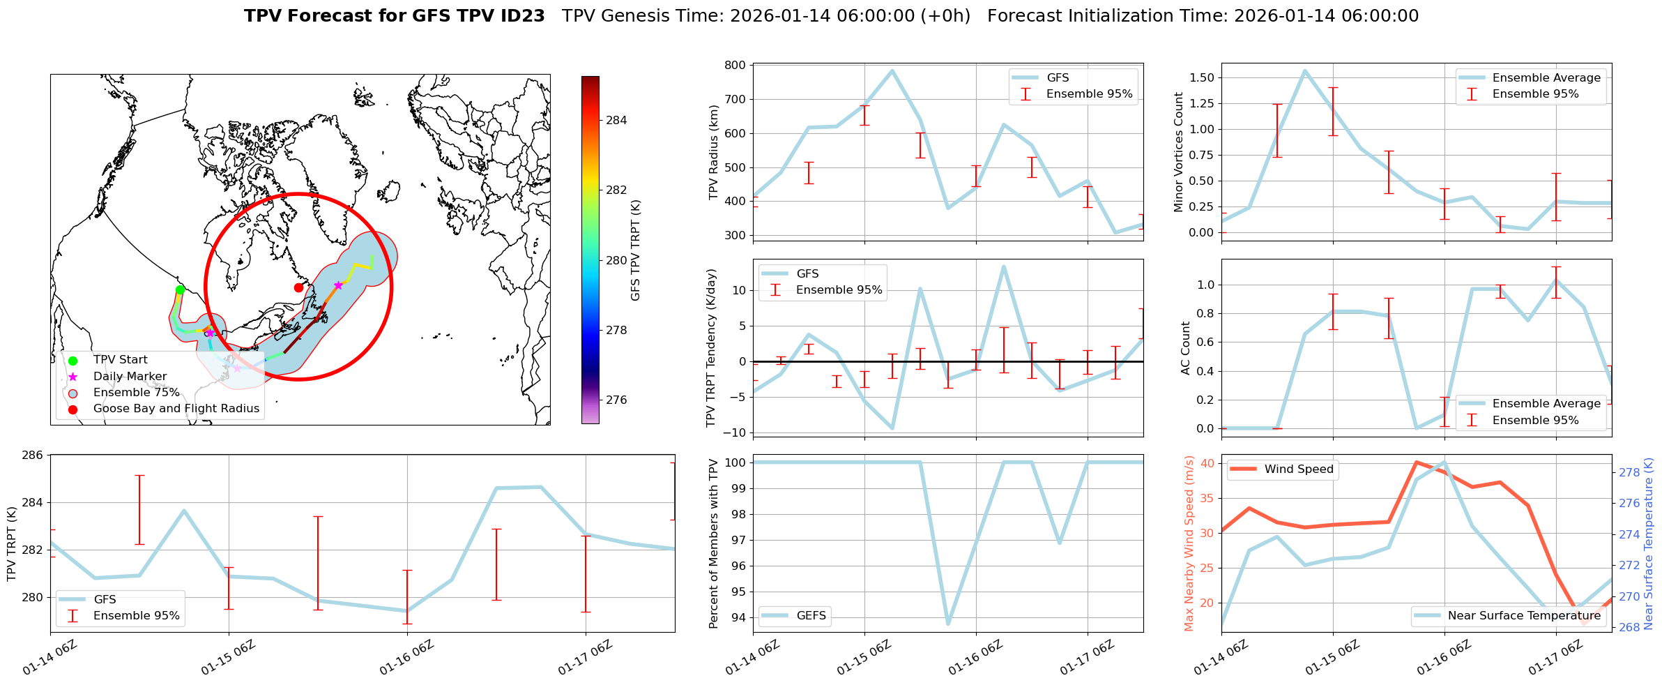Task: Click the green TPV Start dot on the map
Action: pos(180,289)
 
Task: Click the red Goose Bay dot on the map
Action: pos(298,287)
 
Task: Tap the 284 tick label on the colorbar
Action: pos(616,120)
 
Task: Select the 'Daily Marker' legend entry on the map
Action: pos(130,377)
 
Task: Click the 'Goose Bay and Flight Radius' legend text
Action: pos(176,409)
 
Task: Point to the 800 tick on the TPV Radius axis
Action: pos(736,65)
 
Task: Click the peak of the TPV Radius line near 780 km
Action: pos(892,70)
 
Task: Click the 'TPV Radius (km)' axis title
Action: pos(713,152)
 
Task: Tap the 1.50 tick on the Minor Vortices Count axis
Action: pos(1201,77)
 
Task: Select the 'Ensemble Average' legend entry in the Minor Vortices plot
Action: pos(1546,78)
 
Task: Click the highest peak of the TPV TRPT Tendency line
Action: pos(1003,266)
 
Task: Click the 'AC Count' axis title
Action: pos(1185,348)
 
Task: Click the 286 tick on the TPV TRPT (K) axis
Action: pos(33,456)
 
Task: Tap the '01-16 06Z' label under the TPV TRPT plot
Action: pos(406,658)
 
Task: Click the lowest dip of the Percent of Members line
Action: pos(948,623)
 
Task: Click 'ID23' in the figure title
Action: pos(521,16)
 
